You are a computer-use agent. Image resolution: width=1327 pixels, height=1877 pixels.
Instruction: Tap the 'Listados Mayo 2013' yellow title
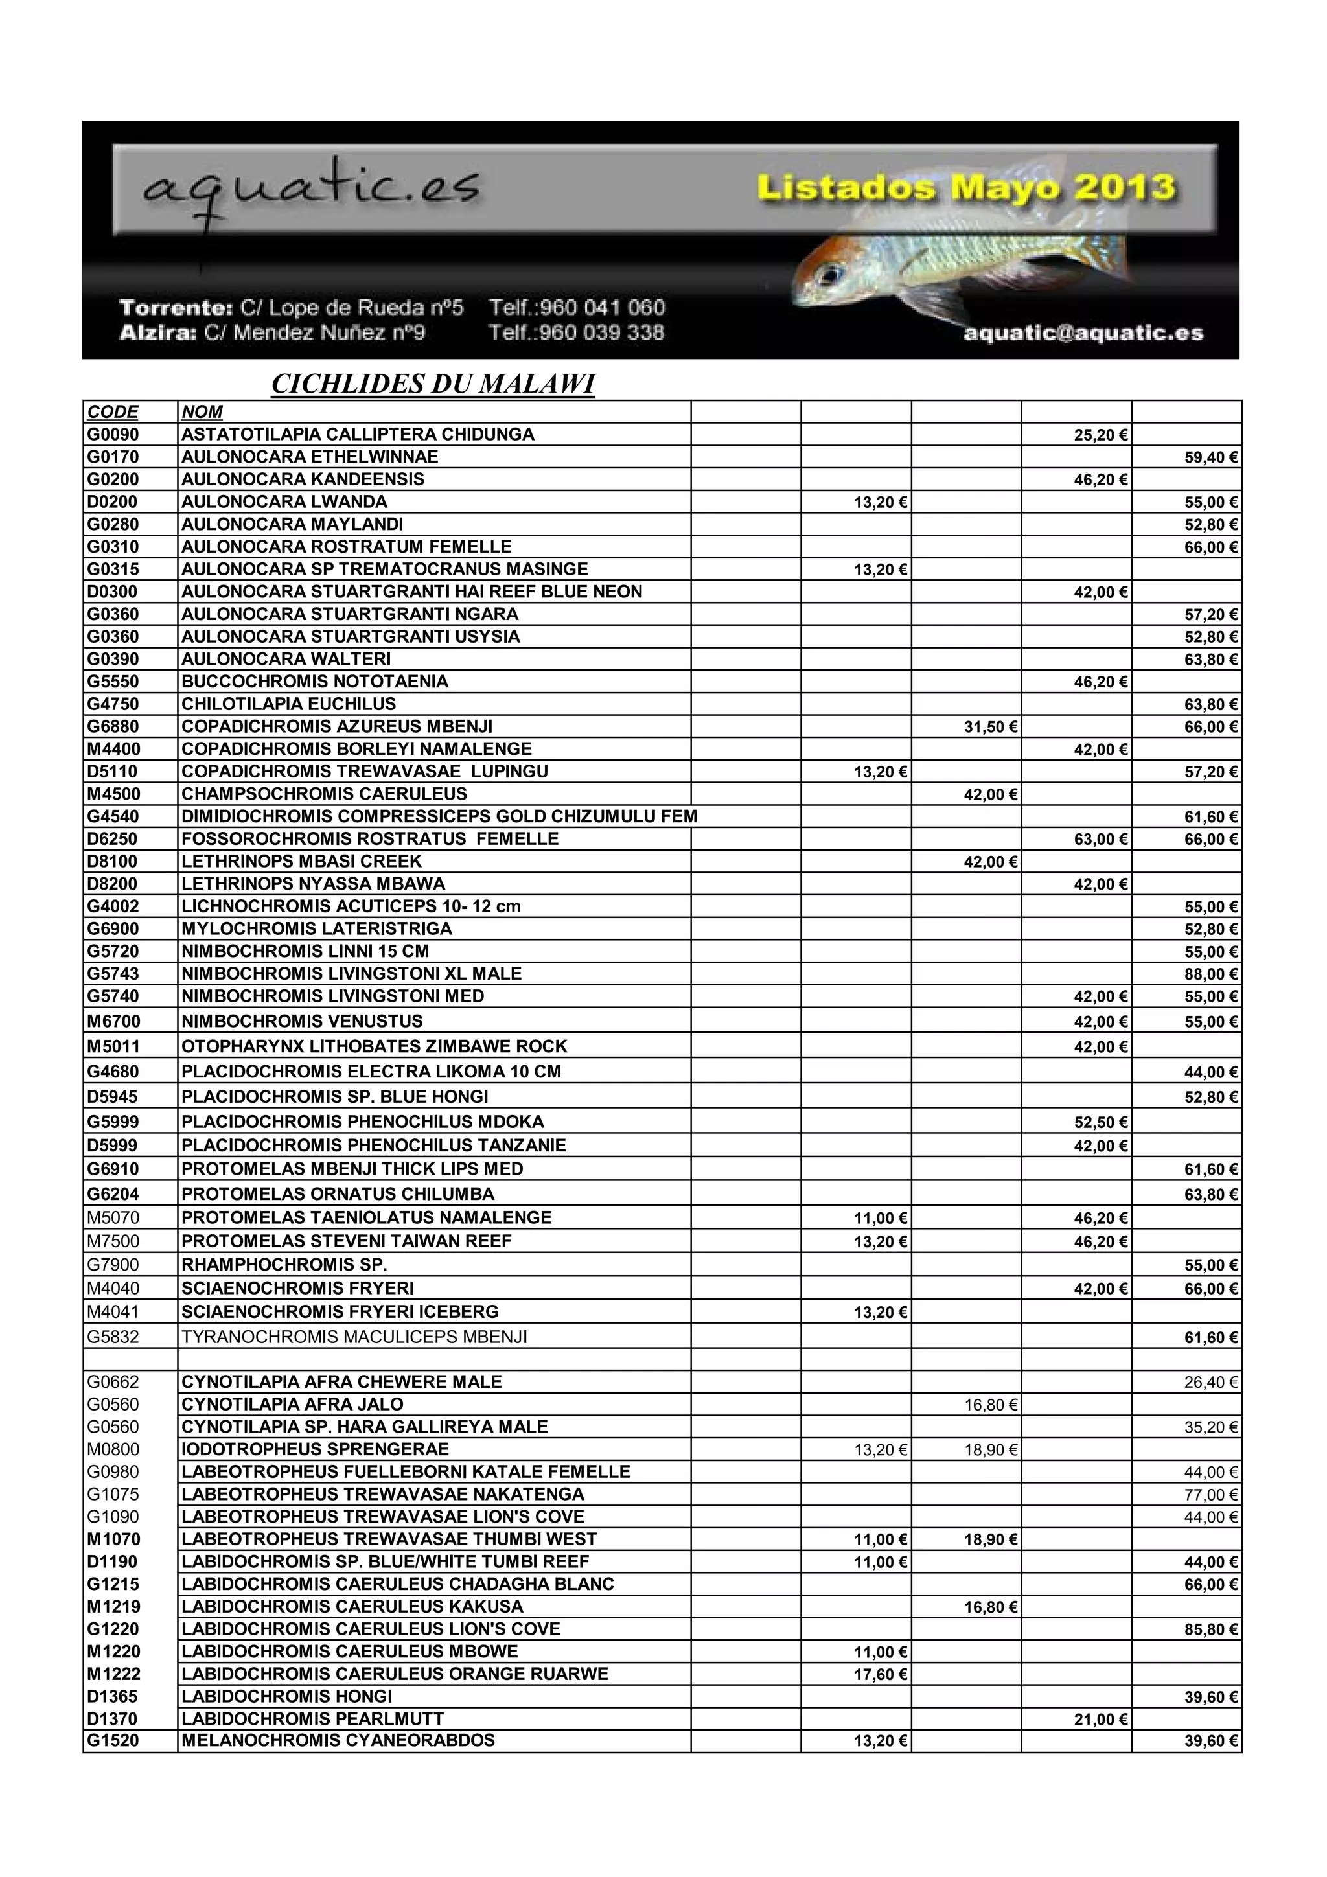click(x=965, y=188)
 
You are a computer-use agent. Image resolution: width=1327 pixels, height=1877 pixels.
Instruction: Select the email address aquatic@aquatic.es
click(x=1083, y=333)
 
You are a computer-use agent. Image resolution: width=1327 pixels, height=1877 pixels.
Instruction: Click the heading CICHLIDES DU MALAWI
click(x=433, y=384)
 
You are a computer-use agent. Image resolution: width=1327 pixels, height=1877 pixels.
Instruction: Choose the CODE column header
click(x=113, y=412)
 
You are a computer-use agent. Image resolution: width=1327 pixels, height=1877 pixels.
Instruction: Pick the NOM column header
click(x=202, y=412)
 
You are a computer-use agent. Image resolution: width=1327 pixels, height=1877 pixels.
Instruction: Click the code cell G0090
click(x=113, y=434)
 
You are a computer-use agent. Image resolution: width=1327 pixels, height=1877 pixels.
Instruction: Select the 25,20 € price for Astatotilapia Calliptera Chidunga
click(x=1100, y=435)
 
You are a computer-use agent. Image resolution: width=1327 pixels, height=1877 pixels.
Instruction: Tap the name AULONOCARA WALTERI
click(x=286, y=659)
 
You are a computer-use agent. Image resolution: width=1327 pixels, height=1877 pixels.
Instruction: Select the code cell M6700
click(x=113, y=1021)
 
